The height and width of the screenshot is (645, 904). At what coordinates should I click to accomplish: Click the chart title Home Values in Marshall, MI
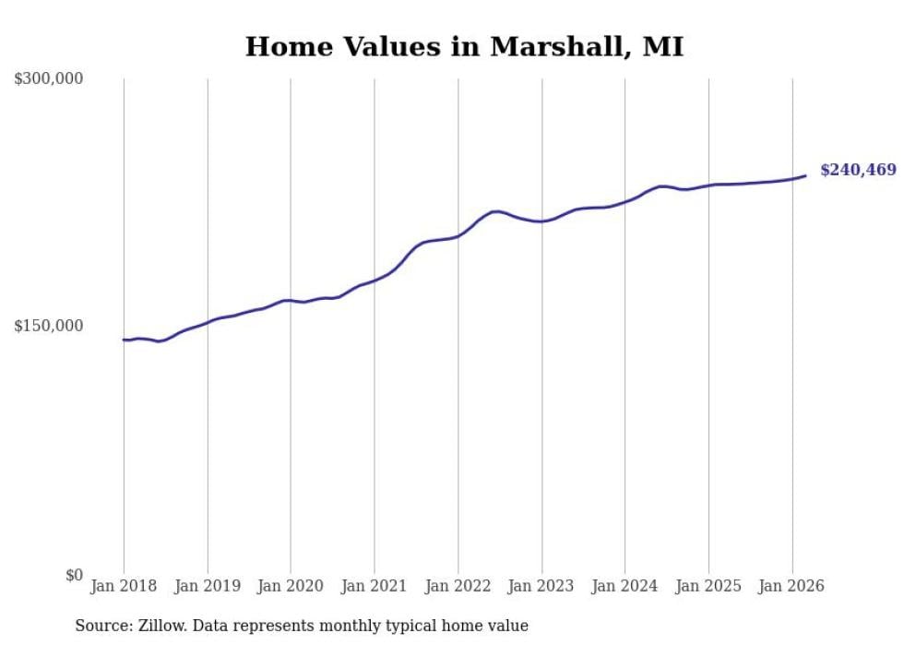point(464,47)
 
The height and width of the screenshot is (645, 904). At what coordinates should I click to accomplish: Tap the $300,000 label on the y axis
point(49,79)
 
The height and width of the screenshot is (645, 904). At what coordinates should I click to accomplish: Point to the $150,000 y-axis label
point(49,326)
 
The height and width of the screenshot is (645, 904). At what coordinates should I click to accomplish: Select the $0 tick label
point(73,575)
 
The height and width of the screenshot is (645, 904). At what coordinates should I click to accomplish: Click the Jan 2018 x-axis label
point(124,586)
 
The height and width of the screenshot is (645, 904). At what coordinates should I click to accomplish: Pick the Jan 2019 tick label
point(207,586)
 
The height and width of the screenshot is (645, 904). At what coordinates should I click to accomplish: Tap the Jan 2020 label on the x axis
point(291,586)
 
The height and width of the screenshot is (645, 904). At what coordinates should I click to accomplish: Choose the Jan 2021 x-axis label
point(374,586)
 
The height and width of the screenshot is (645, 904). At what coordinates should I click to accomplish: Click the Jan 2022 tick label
point(458,586)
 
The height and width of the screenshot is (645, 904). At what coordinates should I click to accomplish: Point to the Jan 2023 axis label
point(541,586)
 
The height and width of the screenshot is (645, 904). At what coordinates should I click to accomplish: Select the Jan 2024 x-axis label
point(624,586)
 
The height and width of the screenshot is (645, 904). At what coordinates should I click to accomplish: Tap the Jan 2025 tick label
point(708,586)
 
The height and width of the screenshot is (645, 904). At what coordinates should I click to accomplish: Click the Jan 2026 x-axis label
point(791,586)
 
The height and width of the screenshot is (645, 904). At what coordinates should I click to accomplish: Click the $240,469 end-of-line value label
point(858,170)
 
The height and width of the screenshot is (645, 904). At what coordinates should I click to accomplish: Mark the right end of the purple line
point(805,175)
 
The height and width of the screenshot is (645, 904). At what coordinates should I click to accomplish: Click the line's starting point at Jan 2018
point(124,340)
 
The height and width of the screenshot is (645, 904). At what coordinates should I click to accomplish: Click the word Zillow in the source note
point(160,627)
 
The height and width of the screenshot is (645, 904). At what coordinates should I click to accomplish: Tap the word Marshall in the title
point(557,47)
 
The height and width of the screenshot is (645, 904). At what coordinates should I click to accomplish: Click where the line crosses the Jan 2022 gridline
point(458,236)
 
